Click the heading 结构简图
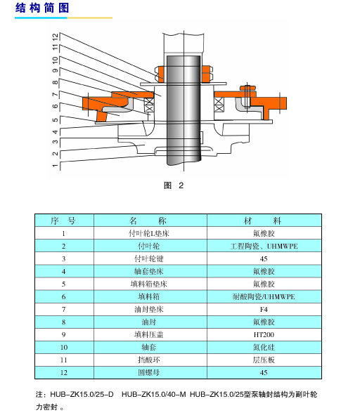tap(42, 8)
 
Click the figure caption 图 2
tap(174, 185)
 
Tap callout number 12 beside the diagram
tap(55, 37)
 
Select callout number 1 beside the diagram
tap(55, 166)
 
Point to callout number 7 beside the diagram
tap(55, 94)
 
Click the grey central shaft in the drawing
tap(184, 111)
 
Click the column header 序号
tap(63, 221)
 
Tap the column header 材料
tap(263, 221)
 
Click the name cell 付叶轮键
tap(149, 258)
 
